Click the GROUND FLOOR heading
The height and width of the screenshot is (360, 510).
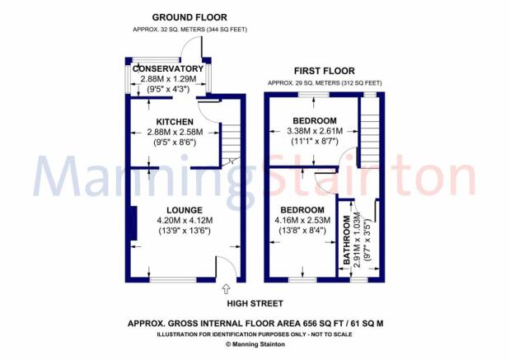(x=189, y=17)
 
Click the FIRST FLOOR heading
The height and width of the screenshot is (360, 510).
(x=325, y=71)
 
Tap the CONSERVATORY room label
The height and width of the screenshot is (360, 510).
(x=168, y=69)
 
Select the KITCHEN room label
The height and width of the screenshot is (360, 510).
(x=175, y=122)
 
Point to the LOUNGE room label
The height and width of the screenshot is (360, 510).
(x=185, y=210)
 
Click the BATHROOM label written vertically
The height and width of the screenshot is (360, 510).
(x=347, y=240)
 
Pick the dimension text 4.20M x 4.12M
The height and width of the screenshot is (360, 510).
(x=185, y=221)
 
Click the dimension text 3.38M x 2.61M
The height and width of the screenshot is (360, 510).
(x=315, y=131)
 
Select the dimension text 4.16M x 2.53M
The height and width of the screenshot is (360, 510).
(x=302, y=220)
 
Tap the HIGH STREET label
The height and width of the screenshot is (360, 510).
(x=255, y=304)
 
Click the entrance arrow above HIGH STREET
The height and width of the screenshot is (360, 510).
(x=226, y=289)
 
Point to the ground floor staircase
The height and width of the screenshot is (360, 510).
(x=231, y=143)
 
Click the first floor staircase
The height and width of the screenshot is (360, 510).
(x=370, y=133)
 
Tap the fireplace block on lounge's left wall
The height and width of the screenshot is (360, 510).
(x=133, y=223)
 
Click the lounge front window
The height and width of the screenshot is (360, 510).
(x=173, y=279)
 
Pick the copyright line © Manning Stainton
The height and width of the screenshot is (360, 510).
(x=255, y=344)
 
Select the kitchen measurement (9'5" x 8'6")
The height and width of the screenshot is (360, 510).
(x=175, y=143)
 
